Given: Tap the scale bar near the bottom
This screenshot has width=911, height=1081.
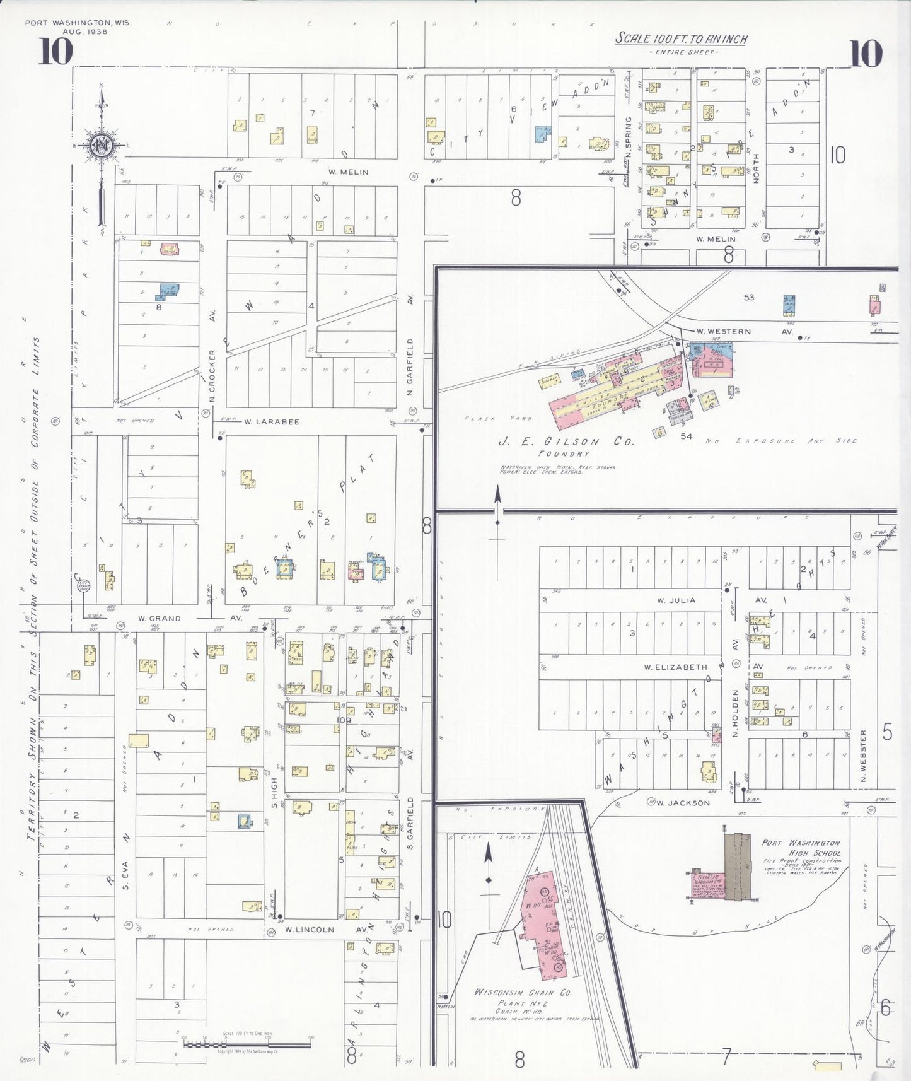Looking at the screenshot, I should click(247, 1044).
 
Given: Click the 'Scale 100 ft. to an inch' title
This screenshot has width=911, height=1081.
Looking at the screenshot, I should click(681, 38).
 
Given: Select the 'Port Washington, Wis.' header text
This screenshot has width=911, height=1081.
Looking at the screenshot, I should click(78, 23).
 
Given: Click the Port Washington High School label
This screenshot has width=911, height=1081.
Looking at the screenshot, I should click(801, 847).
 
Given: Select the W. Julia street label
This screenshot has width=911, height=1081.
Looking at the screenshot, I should click(676, 600).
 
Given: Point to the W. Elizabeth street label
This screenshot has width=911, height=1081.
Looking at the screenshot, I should click(675, 667).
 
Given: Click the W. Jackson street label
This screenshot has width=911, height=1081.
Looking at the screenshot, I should click(683, 803).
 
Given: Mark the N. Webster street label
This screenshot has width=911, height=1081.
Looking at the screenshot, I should click(863, 757).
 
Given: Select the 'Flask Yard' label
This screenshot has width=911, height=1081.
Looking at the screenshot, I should click(498, 418).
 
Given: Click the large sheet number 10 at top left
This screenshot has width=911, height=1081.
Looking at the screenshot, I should click(55, 52).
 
